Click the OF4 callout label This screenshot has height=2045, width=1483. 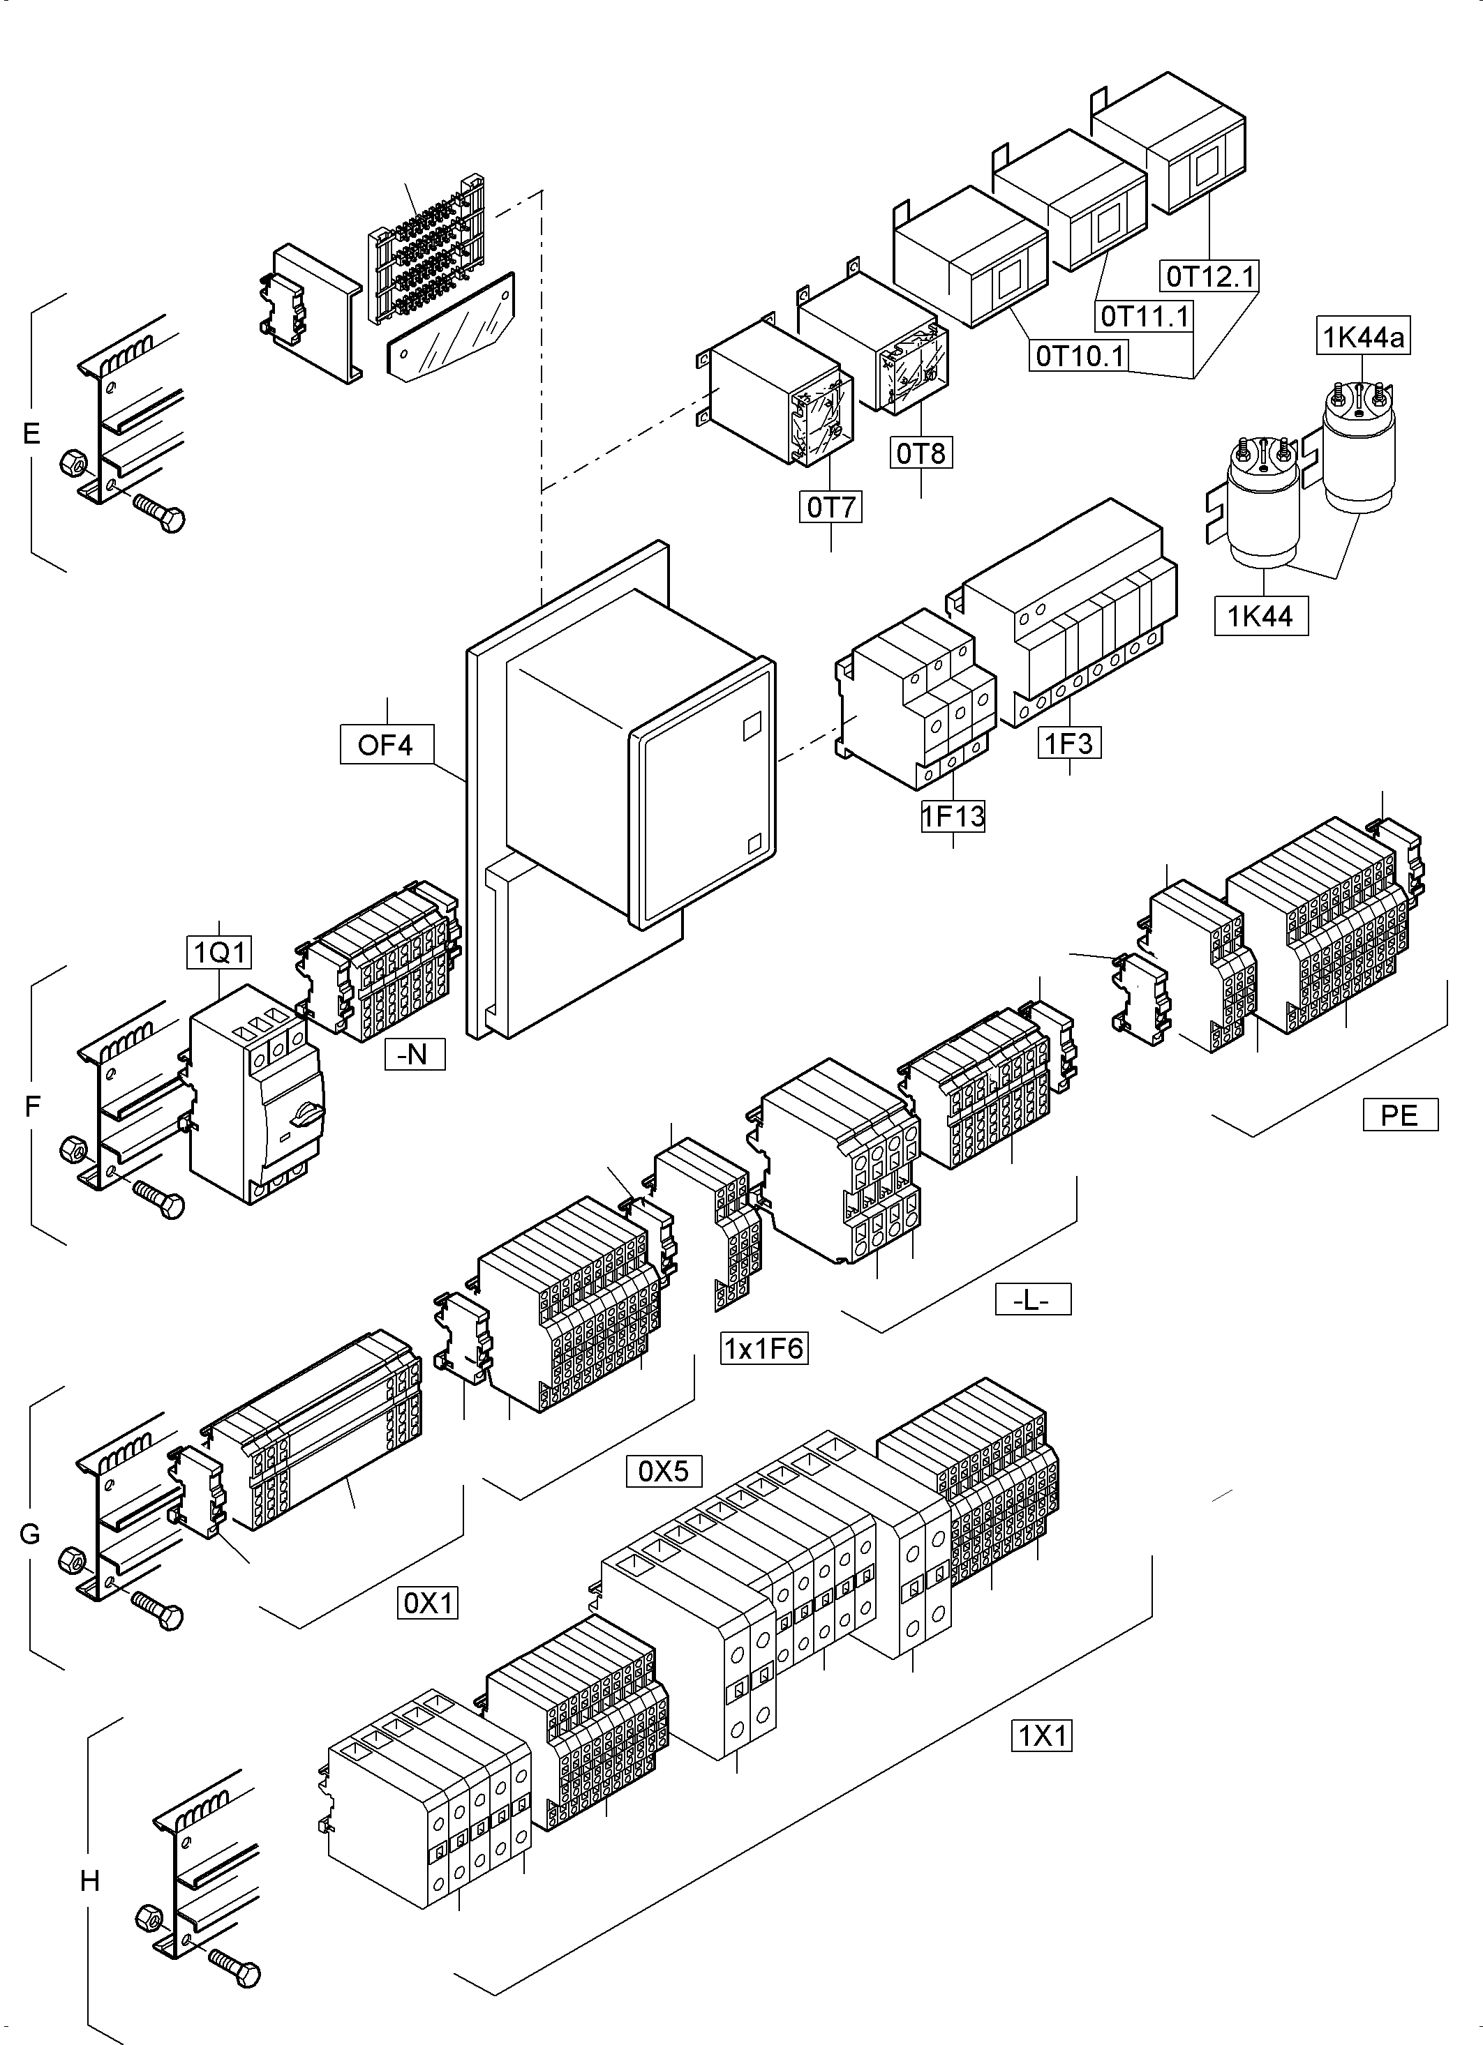pos(386,745)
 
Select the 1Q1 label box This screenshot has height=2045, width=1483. pos(219,951)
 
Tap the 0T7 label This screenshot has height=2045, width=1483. pos(830,508)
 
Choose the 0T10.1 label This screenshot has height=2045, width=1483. pos(1080,356)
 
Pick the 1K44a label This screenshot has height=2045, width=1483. pos(1363,337)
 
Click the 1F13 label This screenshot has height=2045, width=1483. pos(953,817)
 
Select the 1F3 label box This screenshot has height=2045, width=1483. pos(1069,744)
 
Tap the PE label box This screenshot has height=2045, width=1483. pos(1399,1115)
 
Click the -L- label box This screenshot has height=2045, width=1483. pos(1033,1300)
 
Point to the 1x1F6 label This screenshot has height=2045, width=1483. pos(764,1349)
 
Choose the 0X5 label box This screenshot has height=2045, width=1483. pos(664,1472)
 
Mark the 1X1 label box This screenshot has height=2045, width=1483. pos(1042,1736)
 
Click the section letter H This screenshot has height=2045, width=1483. pos(89,1882)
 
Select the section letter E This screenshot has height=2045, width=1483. pos(31,434)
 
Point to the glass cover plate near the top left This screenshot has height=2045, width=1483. pos(448,329)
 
